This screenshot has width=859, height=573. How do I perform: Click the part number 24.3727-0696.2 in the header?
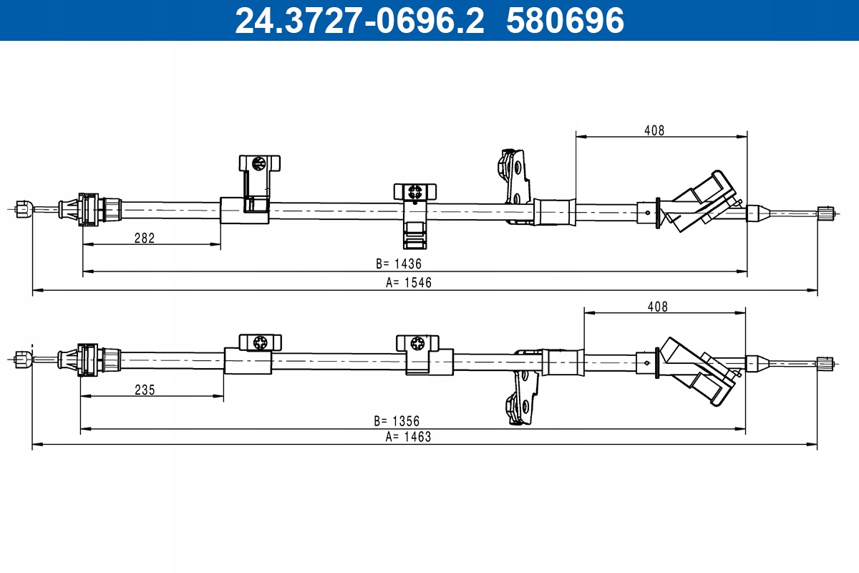coord(359,21)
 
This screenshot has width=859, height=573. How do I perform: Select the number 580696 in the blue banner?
coord(566,21)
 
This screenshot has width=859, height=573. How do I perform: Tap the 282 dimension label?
coord(145,239)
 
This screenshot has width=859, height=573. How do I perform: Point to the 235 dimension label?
coord(145,390)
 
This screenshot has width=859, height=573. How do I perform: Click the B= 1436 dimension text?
coord(399,264)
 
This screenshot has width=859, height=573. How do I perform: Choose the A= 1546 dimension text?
coord(409,283)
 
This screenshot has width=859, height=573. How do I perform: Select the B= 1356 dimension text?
coord(397,421)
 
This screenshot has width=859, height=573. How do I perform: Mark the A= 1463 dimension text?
coord(408,437)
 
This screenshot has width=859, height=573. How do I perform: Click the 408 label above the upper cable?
coord(654,130)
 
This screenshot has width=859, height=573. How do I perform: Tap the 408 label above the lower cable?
coord(657,307)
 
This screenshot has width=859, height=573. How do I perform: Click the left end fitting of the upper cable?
coord(24,209)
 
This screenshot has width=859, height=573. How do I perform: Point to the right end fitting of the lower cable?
coord(825,362)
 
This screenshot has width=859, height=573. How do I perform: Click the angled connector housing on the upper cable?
coord(698,201)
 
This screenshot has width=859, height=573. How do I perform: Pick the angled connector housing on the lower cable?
coord(697,372)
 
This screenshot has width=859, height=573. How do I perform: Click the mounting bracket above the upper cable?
coord(514,186)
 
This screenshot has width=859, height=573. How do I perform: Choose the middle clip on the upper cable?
coord(415,216)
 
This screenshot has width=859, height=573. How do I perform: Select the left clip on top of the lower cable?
coord(260,342)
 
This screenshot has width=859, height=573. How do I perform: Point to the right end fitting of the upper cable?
coord(825,213)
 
